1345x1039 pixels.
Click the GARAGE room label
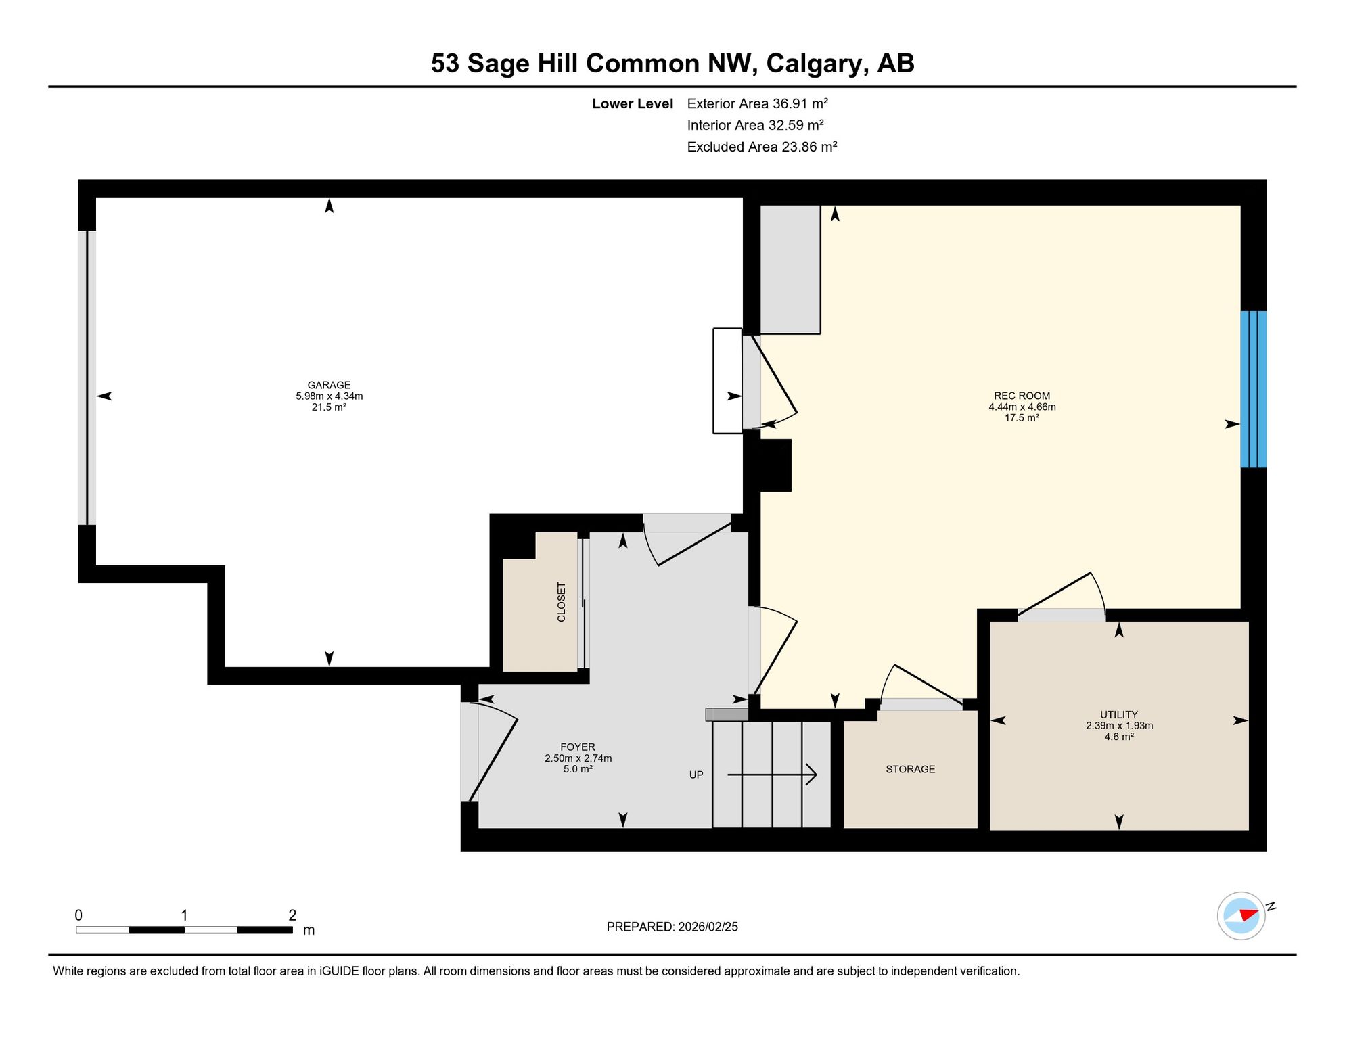click(x=329, y=385)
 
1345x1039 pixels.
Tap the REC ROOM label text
click(x=1022, y=396)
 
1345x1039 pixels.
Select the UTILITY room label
click(x=1119, y=714)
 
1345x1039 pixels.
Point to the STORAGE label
click(x=911, y=769)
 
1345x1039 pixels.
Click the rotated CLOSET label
click(x=561, y=602)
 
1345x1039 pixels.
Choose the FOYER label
click(x=578, y=747)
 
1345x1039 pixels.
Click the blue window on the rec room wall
click(x=1253, y=389)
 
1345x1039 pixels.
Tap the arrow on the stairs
click(x=772, y=775)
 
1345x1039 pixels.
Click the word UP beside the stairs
click(x=696, y=775)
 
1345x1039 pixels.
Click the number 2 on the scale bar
click(x=292, y=915)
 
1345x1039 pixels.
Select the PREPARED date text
click(x=672, y=927)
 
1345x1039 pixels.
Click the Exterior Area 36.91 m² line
click(x=758, y=103)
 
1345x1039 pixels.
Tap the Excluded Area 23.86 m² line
click(x=762, y=147)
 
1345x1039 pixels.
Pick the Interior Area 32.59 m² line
click(x=755, y=125)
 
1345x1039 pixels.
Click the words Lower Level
click(x=633, y=103)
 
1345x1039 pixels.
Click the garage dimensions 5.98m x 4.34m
click(x=329, y=396)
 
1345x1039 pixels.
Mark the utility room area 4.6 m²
click(x=1119, y=736)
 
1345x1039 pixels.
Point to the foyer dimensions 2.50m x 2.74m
click(x=578, y=758)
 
